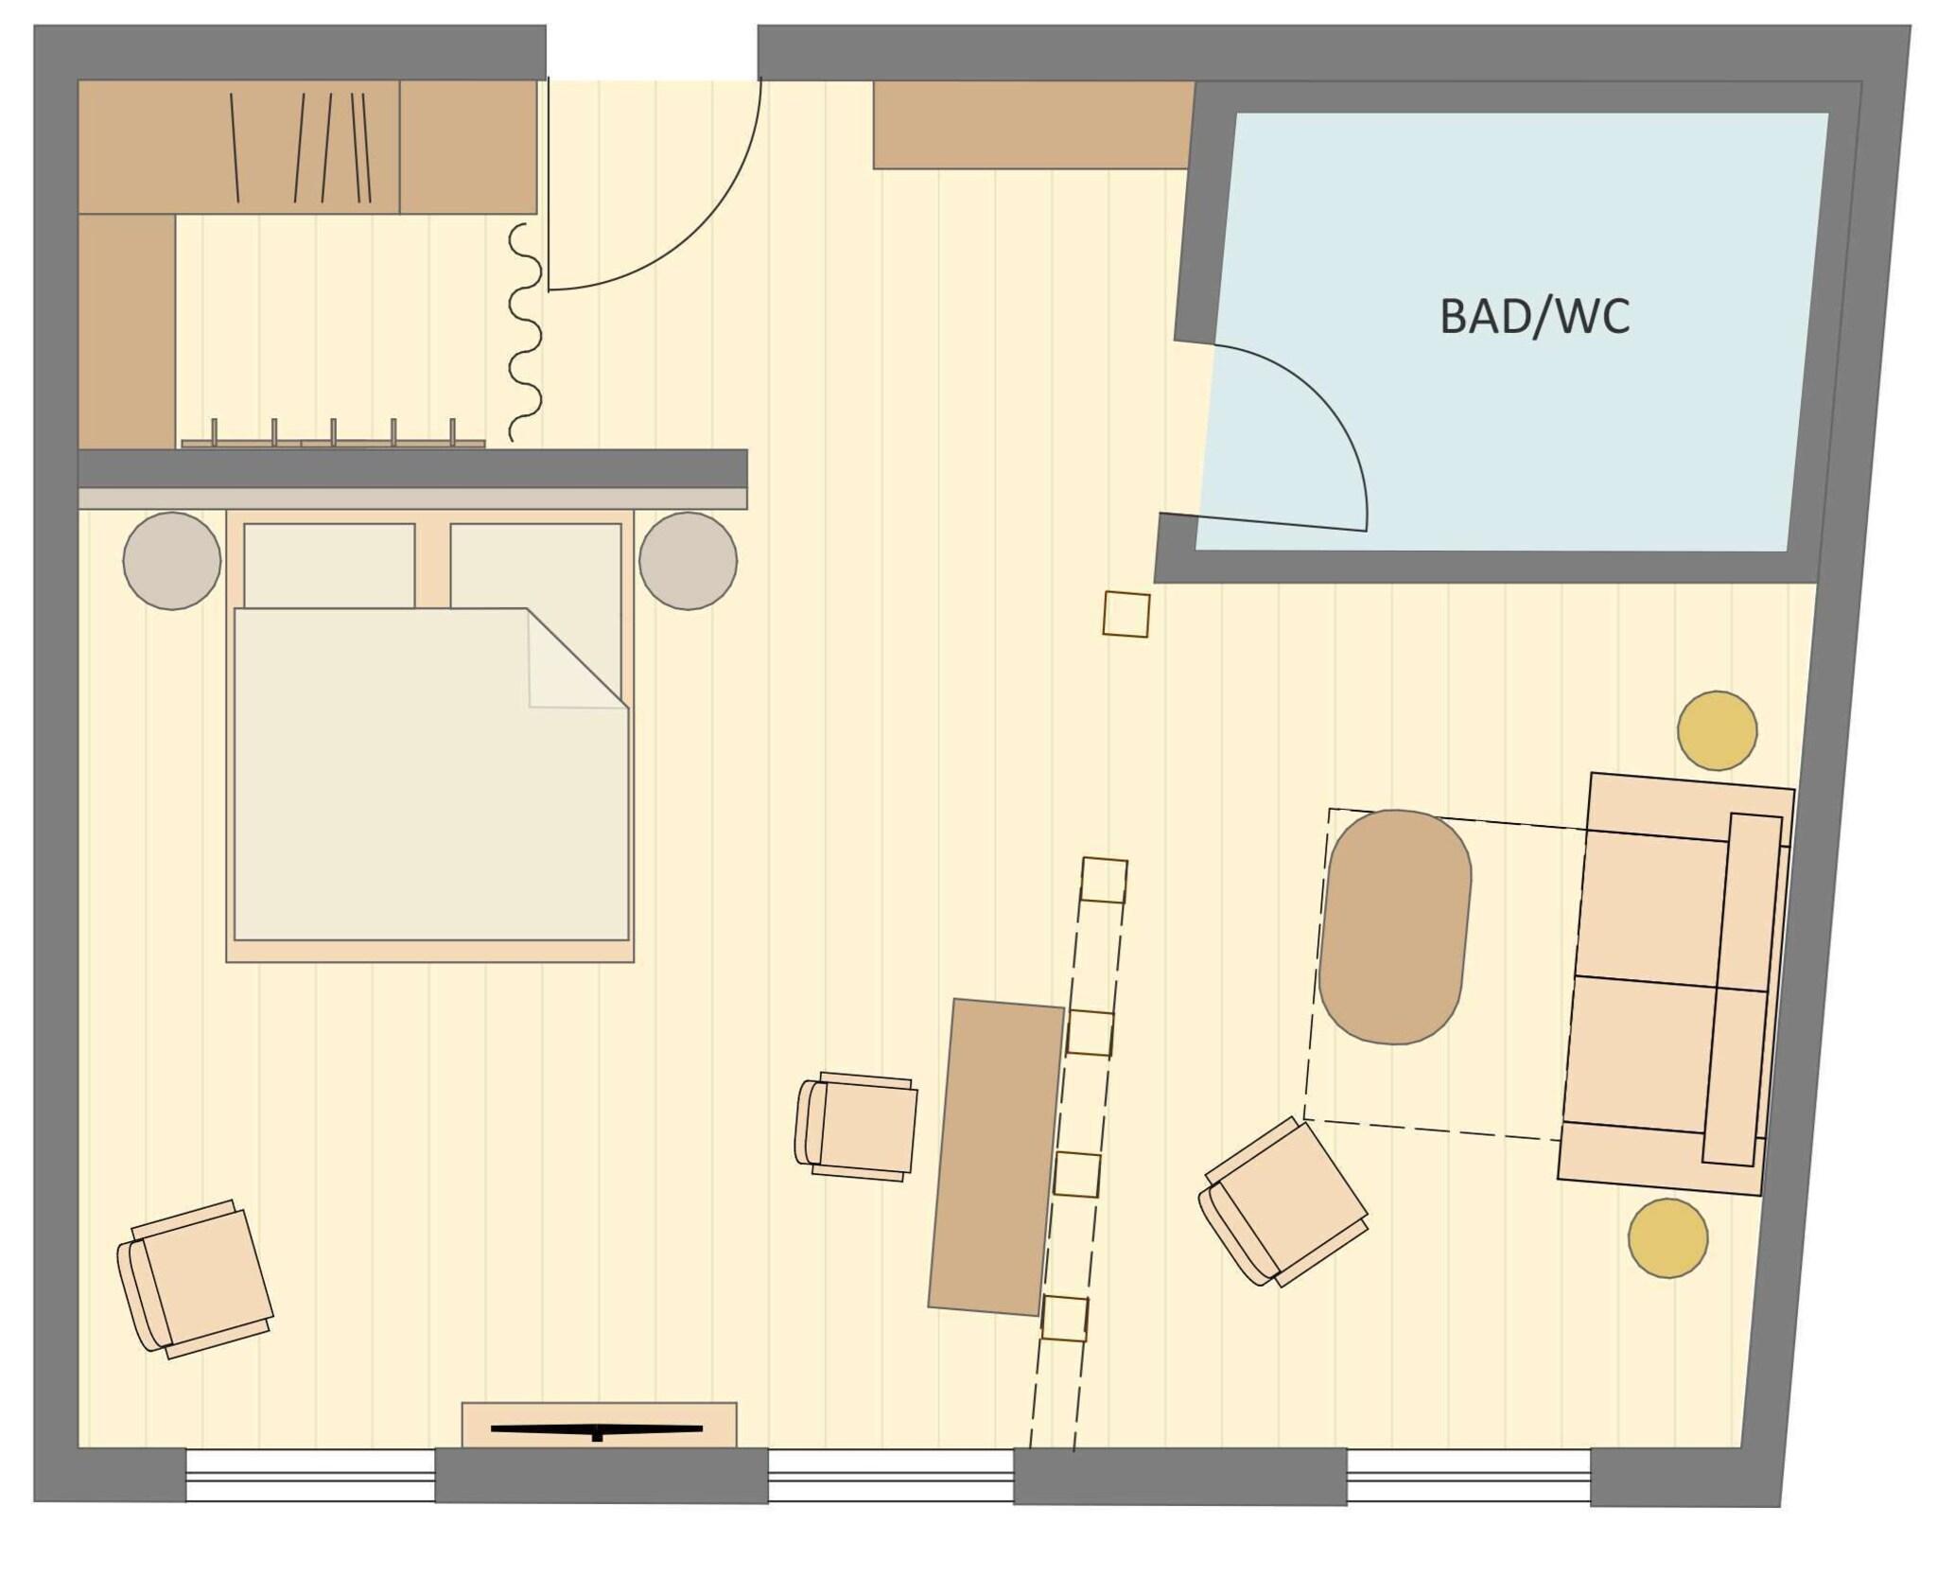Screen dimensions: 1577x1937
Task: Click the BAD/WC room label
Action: [x=1533, y=317]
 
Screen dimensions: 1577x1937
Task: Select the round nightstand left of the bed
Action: [x=172, y=561]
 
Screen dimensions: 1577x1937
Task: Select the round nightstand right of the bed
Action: [x=688, y=561]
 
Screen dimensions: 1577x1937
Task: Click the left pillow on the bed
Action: [x=329, y=565]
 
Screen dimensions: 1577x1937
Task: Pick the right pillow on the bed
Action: [x=535, y=565]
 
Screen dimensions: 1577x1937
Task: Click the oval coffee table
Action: [x=1394, y=926]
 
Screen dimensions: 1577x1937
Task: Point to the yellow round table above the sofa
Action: [x=1717, y=730]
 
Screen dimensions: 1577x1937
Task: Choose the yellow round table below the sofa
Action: [x=1667, y=1238]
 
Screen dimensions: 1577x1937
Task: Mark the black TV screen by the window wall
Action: [x=597, y=1428]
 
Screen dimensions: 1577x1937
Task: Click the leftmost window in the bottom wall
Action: [x=310, y=1476]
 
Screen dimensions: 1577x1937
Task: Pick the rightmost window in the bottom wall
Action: [x=1468, y=1477]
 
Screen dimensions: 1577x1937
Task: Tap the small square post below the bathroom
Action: [x=1126, y=614]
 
